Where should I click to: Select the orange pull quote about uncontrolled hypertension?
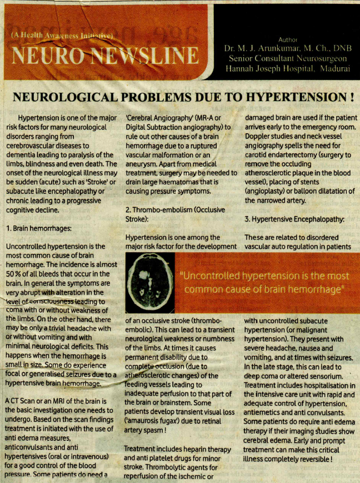pyautogui.click(x=264, y=282)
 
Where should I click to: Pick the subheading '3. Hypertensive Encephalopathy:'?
pyautogui.click(x=294, y=219)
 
